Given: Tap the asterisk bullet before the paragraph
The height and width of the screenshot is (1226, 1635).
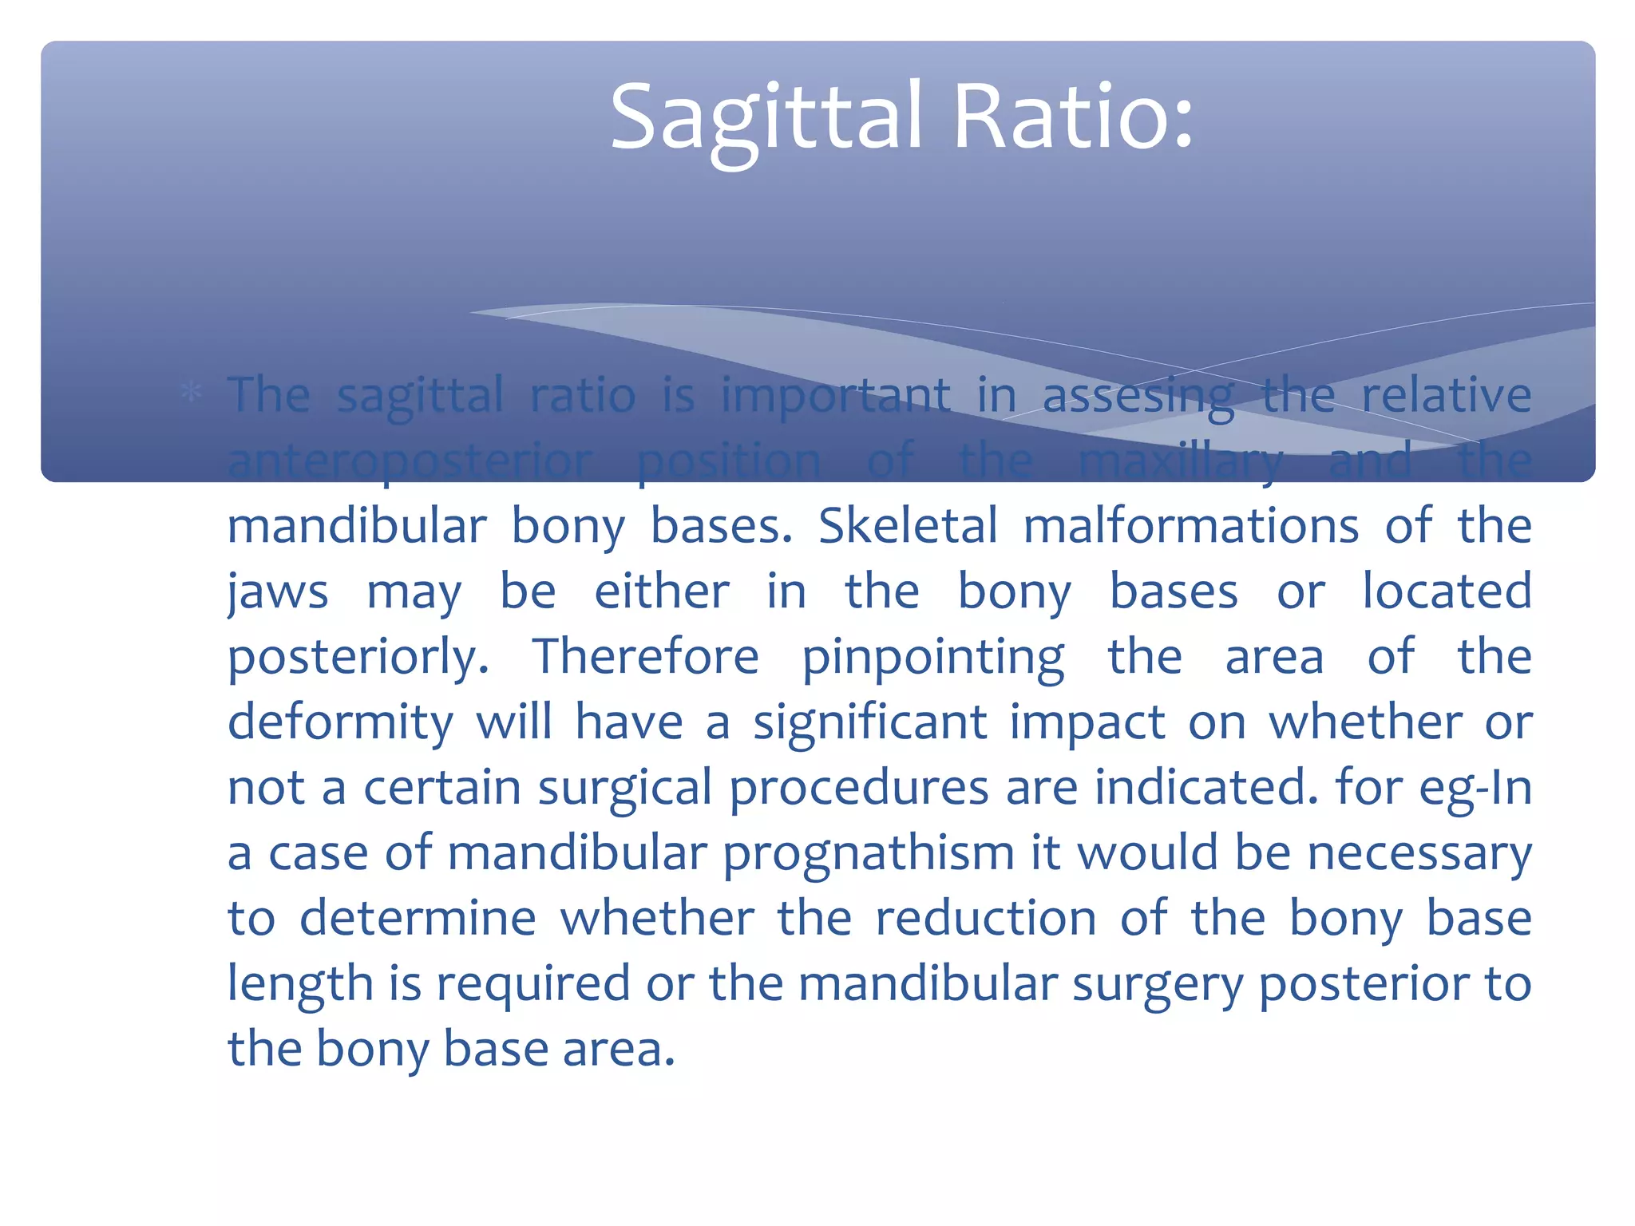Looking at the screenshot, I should [191, 392].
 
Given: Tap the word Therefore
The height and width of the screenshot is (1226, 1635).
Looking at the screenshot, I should [645, 658].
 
